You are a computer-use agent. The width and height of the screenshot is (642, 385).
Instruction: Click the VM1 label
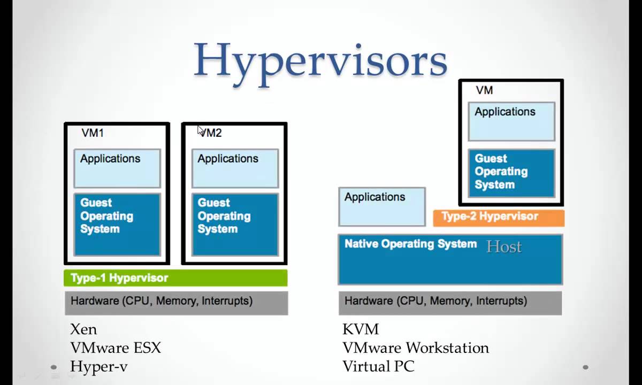point(93,133)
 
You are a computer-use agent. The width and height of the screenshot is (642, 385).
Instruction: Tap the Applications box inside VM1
point(117,168)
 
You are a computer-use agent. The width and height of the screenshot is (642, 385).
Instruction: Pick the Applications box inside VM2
point(235,168)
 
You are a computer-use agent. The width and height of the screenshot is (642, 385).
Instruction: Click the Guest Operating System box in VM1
point(117,224)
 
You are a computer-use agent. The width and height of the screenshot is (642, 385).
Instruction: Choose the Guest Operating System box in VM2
point(235,224)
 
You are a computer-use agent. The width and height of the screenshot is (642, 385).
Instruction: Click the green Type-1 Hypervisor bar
point(175,278)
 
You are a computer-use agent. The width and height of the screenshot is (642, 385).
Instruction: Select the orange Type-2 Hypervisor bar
point(498,217)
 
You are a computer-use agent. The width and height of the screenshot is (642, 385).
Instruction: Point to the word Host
point(503,247)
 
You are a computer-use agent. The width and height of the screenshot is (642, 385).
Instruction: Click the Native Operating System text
point(410,244)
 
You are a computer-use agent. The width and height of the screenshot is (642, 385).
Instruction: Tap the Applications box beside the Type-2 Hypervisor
point(382,206)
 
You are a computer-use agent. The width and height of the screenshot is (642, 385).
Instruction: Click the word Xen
point(83,329)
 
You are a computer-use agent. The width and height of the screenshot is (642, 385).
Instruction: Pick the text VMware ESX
point(116,348)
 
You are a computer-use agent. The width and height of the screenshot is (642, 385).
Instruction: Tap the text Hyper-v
point(98,367)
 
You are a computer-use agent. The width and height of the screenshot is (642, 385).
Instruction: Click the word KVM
point(361,329)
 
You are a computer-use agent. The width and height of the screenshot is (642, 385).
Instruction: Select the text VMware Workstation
point(416,348)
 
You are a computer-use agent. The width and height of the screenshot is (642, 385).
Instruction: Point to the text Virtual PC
point(378,367)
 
